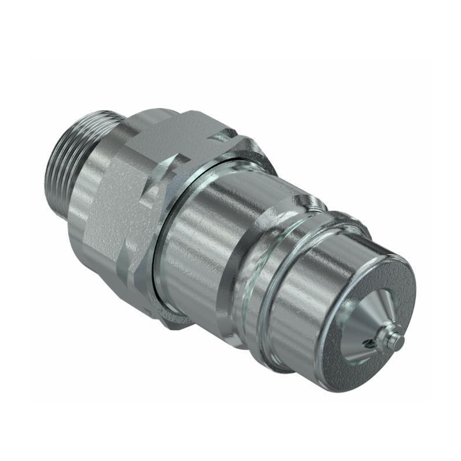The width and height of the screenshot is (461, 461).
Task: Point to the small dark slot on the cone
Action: tap(371, 345)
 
